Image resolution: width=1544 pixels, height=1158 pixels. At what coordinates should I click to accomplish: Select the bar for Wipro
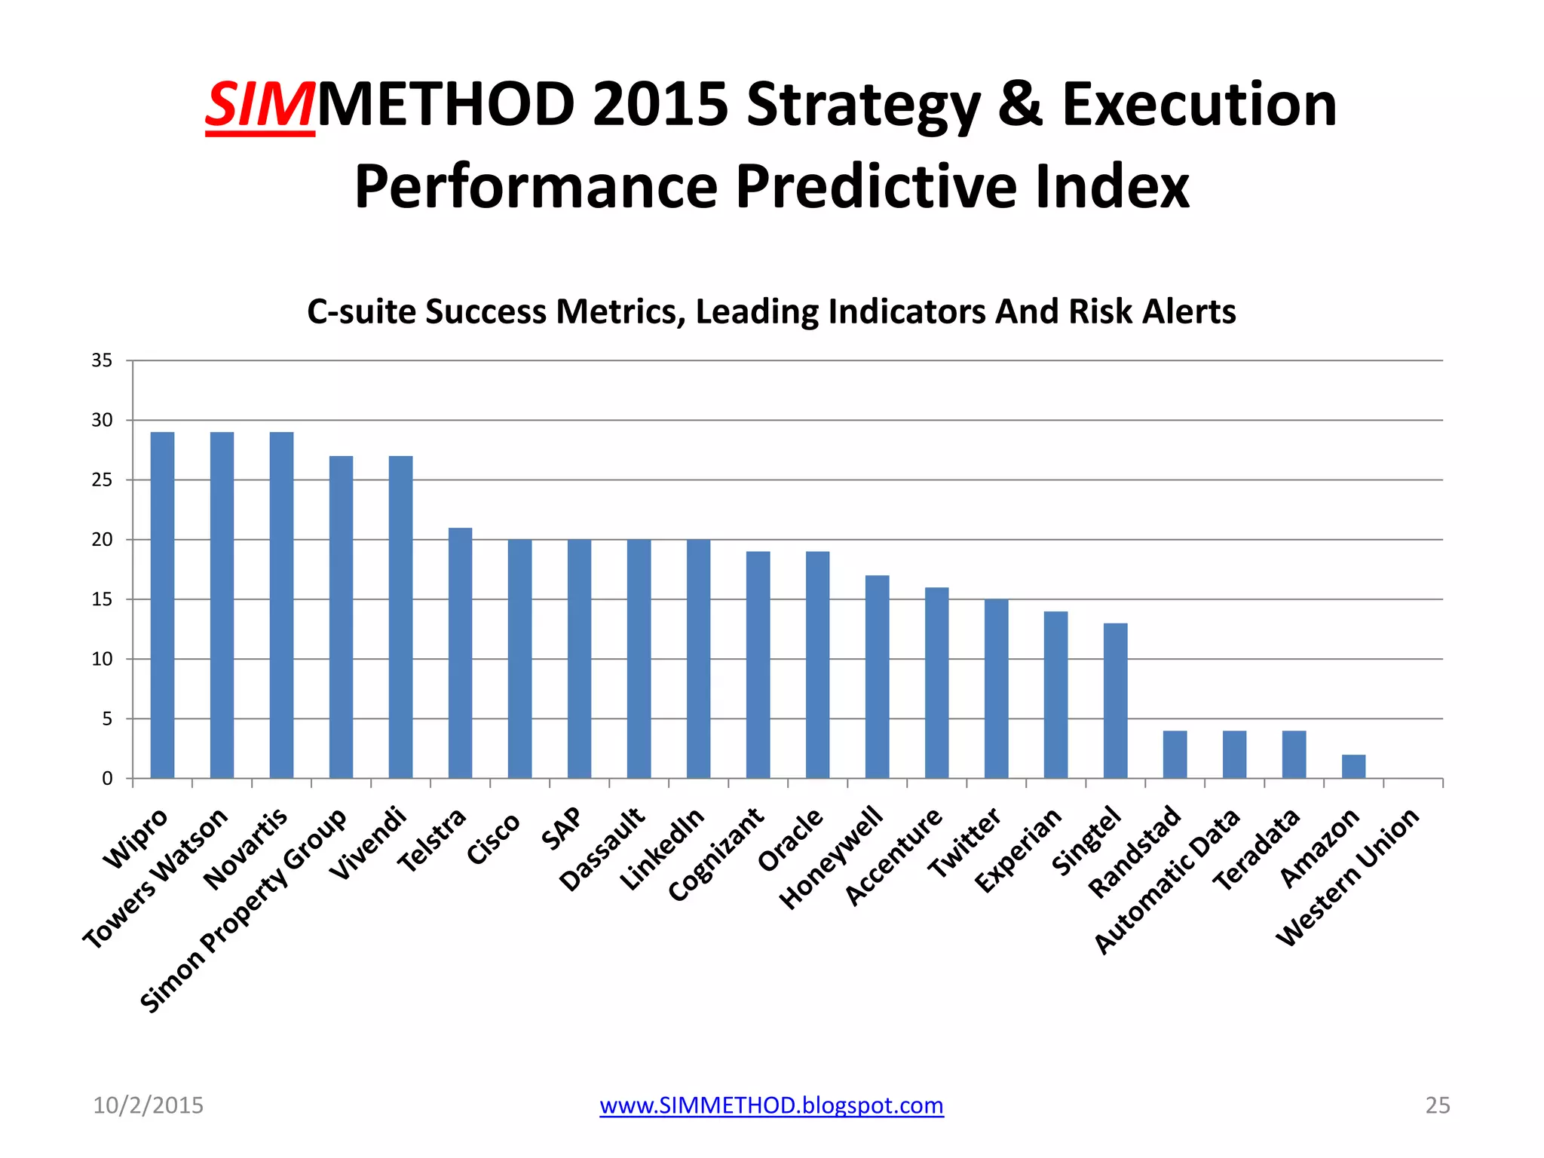[x=162, y=605]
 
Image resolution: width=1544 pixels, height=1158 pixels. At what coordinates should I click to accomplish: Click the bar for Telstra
[x=460, y=653]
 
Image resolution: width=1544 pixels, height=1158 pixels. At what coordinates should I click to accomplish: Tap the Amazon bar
[x=1353, y=766]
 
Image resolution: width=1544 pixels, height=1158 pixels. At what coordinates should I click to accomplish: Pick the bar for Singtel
[x=1115, y=700]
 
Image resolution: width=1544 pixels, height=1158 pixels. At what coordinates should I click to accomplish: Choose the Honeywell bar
[x=877, y=676]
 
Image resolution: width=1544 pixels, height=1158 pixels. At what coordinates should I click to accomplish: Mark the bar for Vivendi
[x=400, y=617]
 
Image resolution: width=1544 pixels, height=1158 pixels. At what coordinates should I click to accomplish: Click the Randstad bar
[x=1175, y=754]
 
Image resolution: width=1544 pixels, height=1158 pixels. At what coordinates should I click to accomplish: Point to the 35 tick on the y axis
[x=102, y=360]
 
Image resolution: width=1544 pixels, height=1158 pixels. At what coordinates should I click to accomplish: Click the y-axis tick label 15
[x=102, y=599]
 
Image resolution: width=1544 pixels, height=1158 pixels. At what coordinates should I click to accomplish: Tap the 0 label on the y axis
[x=107, y=778]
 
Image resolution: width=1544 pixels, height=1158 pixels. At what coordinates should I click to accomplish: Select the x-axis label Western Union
[x=1348, y=877]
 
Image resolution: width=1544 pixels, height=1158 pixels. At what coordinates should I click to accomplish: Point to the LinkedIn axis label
[x=662, y=848]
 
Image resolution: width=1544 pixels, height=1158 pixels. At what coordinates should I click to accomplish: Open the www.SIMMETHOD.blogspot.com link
[x=771, y=1105]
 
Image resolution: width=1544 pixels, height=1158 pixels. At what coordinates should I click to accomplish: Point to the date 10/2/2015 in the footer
[x=148, y=1105]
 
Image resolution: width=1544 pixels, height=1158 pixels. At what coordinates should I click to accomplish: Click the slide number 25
[x=1437, y=1105]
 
